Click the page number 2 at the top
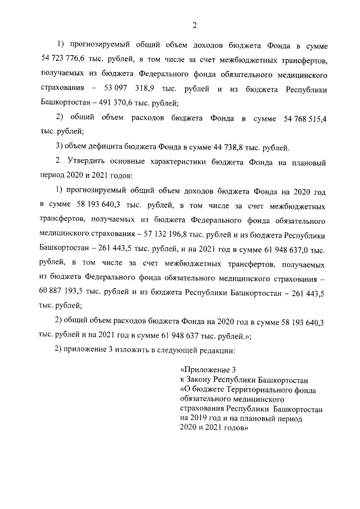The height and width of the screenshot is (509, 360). (193, 24)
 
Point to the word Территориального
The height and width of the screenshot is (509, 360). (253, 389)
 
